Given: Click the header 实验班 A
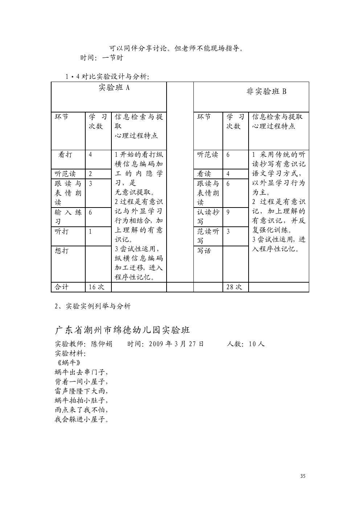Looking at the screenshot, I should [x=114, y=88].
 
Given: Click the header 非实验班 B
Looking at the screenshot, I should [x=266, y=91].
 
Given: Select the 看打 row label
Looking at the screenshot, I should [x=65, y=155].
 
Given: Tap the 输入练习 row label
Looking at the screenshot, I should [x=68, y=217].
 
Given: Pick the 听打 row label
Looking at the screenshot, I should [x=62, y=231].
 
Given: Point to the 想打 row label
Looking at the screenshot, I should [x=62, y=251].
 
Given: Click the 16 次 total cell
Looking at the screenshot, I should [x=97, y=287].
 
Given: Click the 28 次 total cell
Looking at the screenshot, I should [x=234, y=287].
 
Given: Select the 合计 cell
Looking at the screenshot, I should [x=62, y=287].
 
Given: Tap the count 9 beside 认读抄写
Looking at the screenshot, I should [x=228, y=212].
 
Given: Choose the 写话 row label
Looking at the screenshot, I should [x=204, y=251].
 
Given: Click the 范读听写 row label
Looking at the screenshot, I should [x=208, y=236].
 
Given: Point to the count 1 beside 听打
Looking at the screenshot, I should [x=90, y=231].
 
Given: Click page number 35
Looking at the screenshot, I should [x=303, y=476].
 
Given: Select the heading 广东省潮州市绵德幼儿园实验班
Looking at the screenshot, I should [x=122, y=330].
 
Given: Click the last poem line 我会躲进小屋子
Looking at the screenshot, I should [x=82, y=420].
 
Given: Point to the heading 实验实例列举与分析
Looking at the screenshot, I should [x=98, y=306].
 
